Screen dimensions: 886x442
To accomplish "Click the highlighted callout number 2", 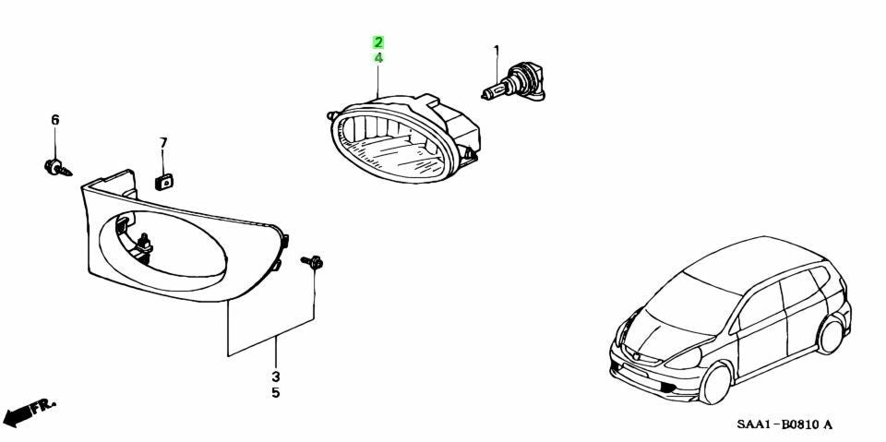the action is tap(378, 42).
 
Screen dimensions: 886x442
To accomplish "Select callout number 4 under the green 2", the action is tap(378, 57).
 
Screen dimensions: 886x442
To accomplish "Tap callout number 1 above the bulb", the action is tap(497, 52).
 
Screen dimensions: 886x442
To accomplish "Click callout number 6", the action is tap(54, 120).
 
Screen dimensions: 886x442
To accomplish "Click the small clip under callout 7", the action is tap(164, 182).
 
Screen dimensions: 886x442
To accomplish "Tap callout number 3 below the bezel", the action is tap(276, 376).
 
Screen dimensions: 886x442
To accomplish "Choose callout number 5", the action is tap(276, 392).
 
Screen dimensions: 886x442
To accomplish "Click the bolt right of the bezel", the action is tap(312, 262).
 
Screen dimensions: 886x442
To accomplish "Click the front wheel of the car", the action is tap(713, 385).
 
